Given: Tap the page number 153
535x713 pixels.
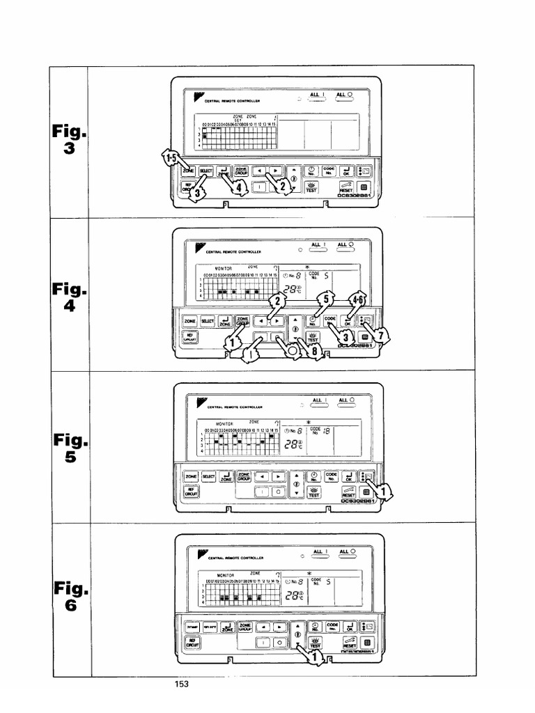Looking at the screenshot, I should pos(182,685).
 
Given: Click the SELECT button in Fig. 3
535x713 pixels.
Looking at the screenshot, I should pos(206,171).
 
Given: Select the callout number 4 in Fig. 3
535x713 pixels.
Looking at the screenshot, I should pos(239,188).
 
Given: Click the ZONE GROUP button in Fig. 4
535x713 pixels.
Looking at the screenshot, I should pos(242,321).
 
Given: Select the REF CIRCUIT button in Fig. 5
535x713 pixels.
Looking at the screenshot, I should pos(190,491).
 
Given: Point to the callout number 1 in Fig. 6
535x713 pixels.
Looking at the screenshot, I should pos(314,655).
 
